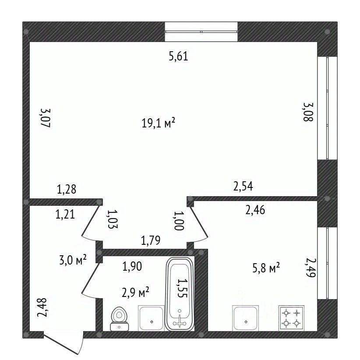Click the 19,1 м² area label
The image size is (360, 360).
point(159,123)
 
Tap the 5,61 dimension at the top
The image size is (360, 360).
point(178,56)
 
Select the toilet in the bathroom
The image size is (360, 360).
point(120,319)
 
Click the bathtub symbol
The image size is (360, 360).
point(180,294)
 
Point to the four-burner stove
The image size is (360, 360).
point(291,318)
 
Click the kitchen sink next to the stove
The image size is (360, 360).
point(246,318)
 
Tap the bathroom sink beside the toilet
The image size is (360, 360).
point(152,318)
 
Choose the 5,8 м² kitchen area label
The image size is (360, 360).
point(266,268)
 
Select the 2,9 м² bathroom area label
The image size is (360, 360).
point(135,292)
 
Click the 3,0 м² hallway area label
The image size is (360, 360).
point(73,260)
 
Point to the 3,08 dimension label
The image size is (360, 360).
point(308,112)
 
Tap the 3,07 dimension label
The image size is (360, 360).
point(46,118)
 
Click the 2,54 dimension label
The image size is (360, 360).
point(243,186)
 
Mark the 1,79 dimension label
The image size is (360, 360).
point(151,240)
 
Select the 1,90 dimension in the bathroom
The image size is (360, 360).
point(132,266)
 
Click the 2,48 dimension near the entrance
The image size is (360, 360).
point(42,307)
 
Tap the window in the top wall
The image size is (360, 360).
point(201,32)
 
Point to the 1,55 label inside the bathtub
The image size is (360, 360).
point(183,288)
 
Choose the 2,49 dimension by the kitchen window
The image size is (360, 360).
point(311,268)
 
